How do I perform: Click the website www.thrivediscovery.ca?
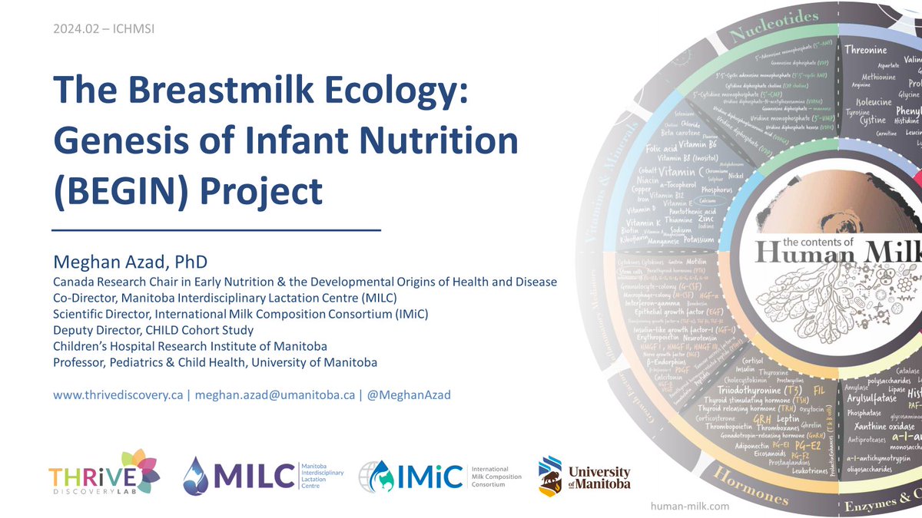tap(118, 395)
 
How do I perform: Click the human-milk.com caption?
tap(690, 506)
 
